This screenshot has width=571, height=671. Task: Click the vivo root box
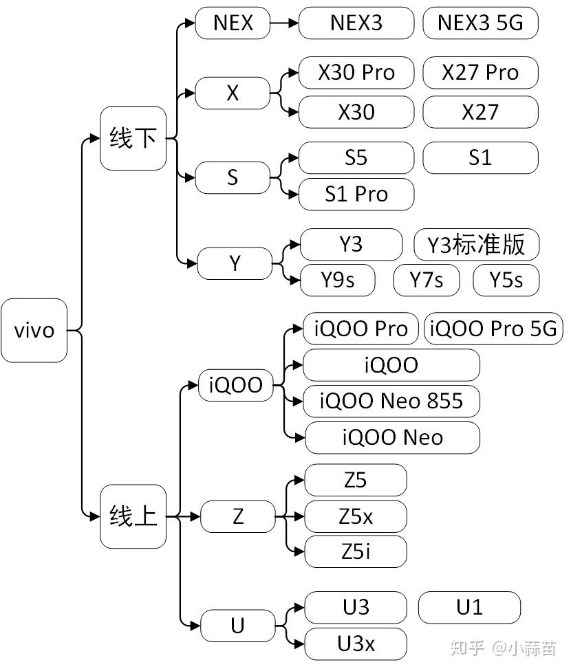[34, 330]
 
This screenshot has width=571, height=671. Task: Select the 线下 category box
[133, 138]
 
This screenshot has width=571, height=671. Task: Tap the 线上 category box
[133, 516]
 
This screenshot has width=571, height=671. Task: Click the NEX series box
[233, 23]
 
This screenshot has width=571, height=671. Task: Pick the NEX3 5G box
[480, 23]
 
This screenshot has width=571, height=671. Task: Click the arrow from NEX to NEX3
[284, 23]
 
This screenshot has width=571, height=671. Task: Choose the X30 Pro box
[356, 72]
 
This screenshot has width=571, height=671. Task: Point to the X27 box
[480, 111]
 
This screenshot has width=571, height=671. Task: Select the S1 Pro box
[356, 194]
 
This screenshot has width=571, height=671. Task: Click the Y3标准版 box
[476, 245]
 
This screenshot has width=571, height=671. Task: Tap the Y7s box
[426, 280]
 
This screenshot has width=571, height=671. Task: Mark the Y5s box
[506, 280]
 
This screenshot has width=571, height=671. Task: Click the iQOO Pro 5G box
[493, 329]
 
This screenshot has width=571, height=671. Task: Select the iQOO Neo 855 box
[391, 401]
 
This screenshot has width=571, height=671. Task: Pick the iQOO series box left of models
[235, 386]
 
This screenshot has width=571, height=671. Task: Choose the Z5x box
[356, 516]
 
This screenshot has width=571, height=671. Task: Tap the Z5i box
[356, 551]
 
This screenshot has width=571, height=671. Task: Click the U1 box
[469, 607]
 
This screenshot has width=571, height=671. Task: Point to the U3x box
[356, 643]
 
